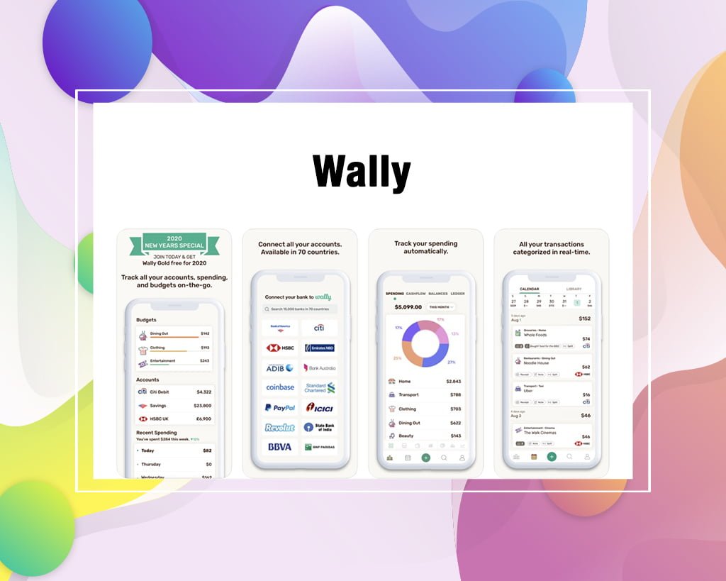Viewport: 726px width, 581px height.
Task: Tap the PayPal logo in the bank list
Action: click(279, 408)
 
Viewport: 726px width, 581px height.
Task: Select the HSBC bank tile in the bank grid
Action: click(279, 348)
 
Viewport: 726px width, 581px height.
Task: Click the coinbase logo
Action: click(279, 387)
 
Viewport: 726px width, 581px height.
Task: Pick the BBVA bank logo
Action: click(279, 447)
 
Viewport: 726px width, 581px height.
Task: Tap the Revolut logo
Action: click(279, 428)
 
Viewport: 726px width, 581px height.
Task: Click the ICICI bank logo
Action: click(319, 408)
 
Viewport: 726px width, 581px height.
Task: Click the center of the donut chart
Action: click(425, 343)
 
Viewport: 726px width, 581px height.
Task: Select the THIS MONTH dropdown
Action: click(440, 307)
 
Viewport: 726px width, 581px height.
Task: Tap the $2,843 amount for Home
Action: click(454, 381)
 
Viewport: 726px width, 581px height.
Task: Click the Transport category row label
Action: click(408, 394)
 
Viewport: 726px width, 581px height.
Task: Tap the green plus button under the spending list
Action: click(425, 458)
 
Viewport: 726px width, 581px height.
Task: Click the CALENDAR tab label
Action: click(529, 289)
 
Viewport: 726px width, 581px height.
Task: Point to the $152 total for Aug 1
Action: click(584, 319)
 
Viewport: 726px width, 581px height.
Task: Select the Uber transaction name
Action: click(528, 391)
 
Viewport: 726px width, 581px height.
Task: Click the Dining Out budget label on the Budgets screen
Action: click(159, 333)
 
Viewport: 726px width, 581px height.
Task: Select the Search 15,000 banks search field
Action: click(299, 309)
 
